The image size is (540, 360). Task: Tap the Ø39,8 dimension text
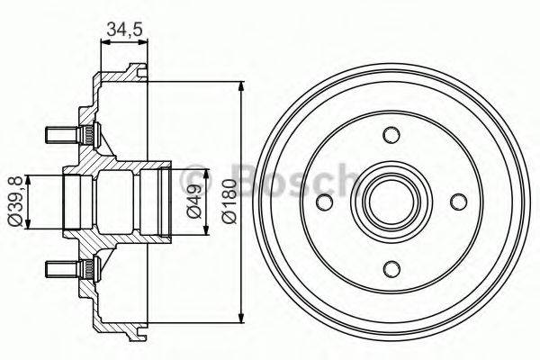13,202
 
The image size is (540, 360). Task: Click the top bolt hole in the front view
391,135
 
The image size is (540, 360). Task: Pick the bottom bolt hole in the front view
391,267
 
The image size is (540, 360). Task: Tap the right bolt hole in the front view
457,201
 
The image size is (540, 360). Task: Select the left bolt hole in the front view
325,201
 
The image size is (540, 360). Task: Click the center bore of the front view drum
391,201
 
